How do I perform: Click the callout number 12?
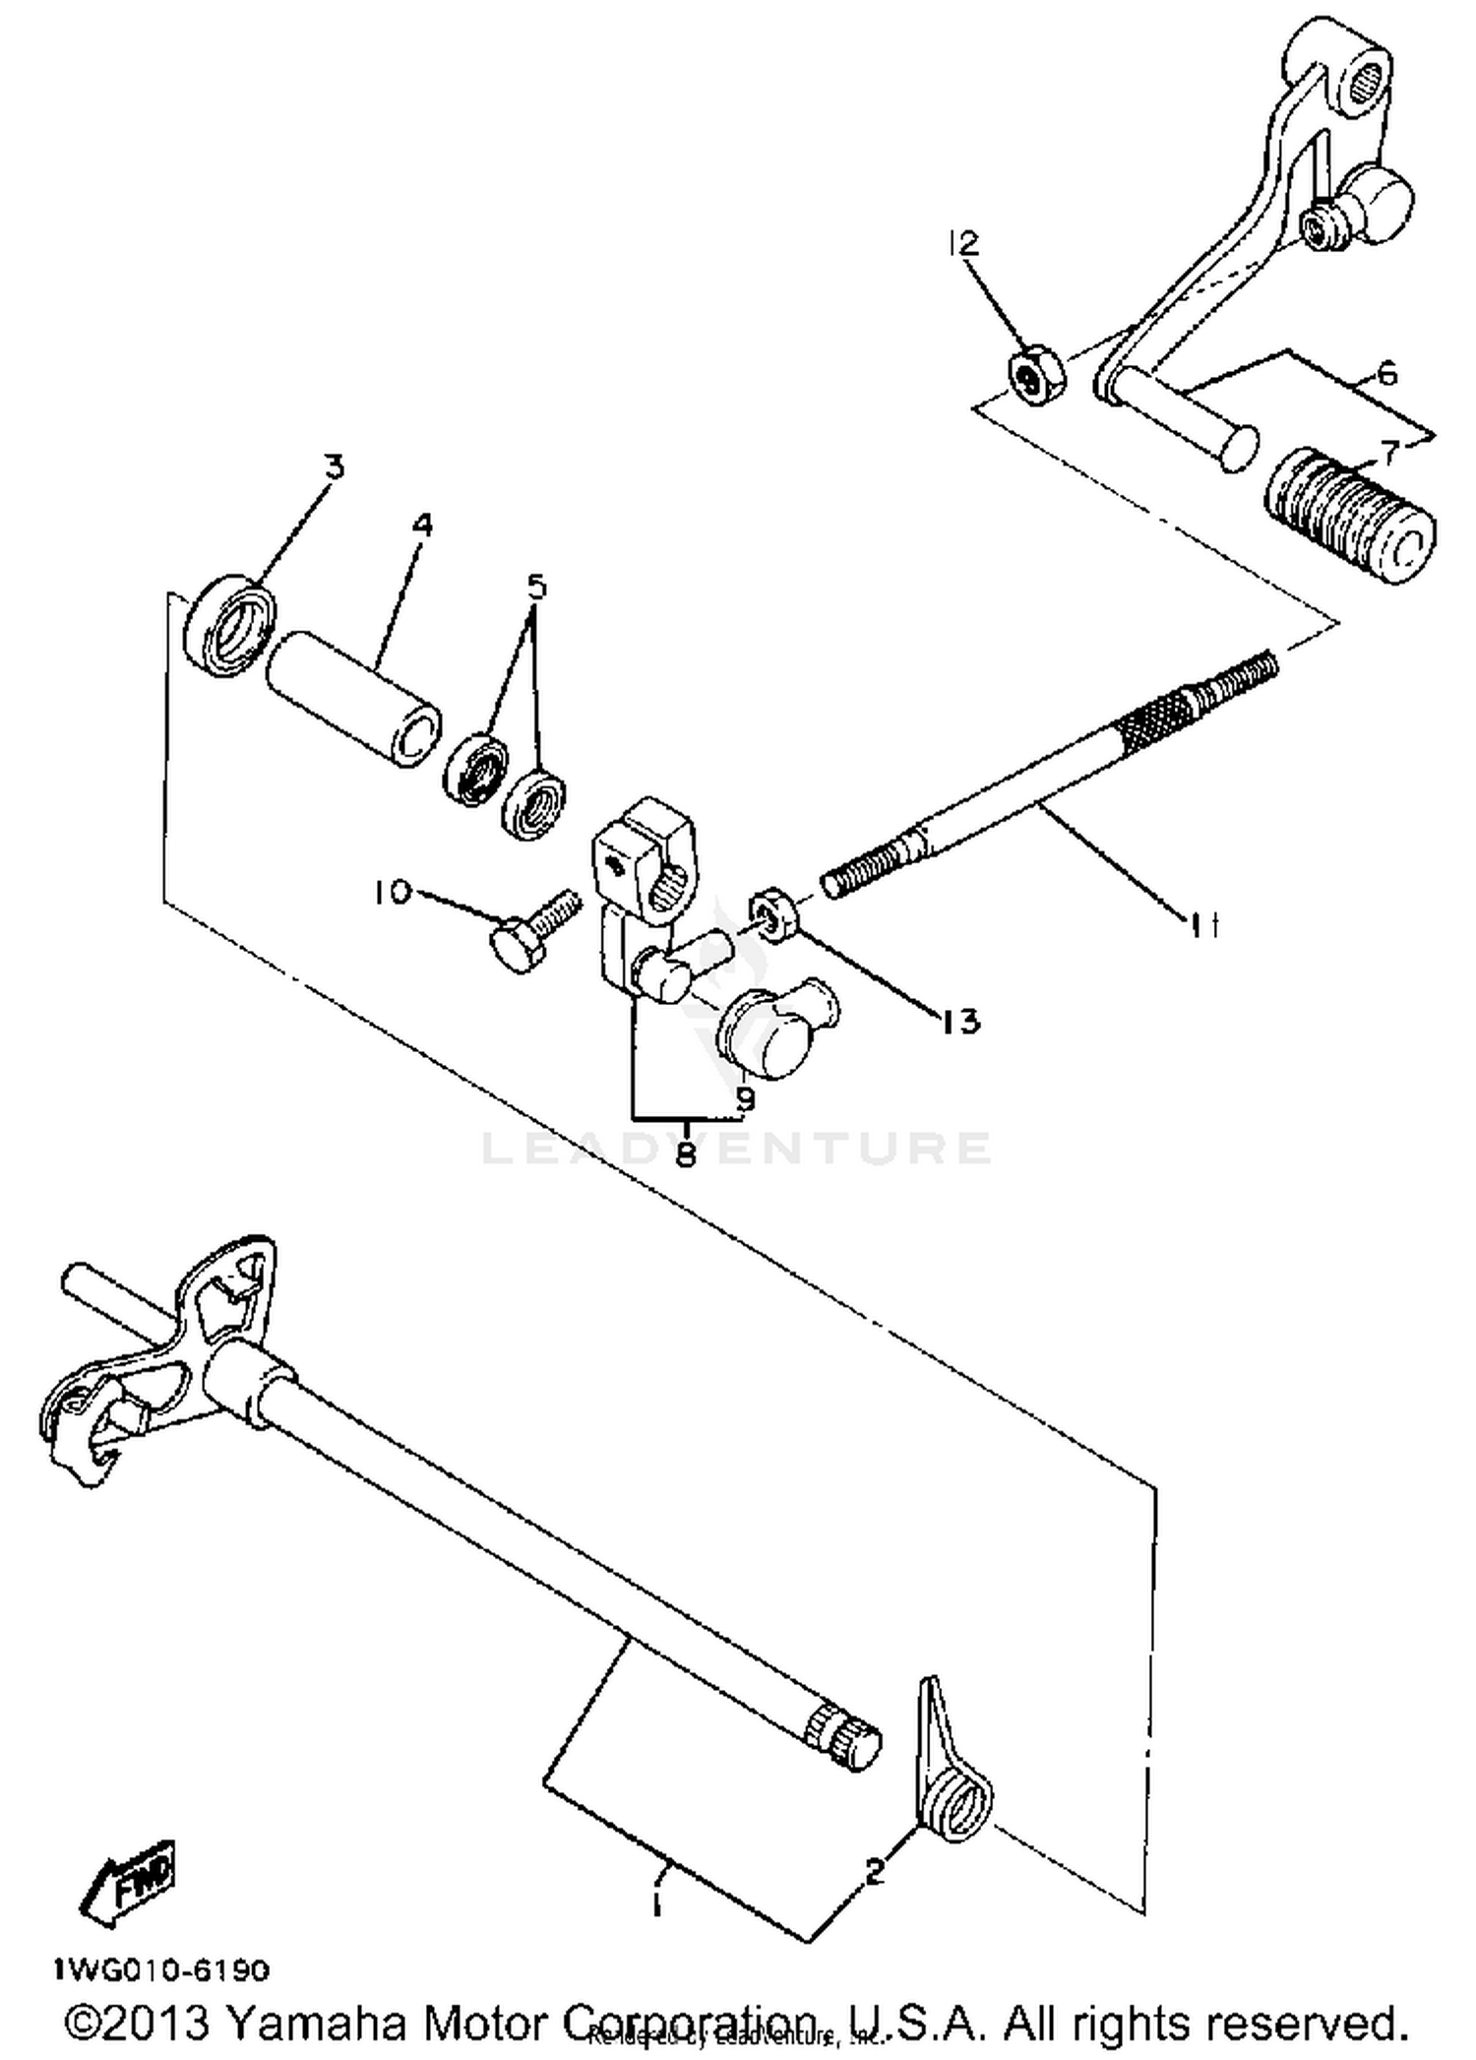(965, 243)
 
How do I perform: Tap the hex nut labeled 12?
(1033, 373)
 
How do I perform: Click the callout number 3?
(336, 466)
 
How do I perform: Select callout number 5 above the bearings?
(536, 587)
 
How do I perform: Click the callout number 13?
(959, 1021)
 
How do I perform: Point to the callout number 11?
(1202, 924)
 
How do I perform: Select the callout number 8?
(686, 1153)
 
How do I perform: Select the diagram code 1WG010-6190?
(161, 1970)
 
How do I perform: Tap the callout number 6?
(1385, 373)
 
